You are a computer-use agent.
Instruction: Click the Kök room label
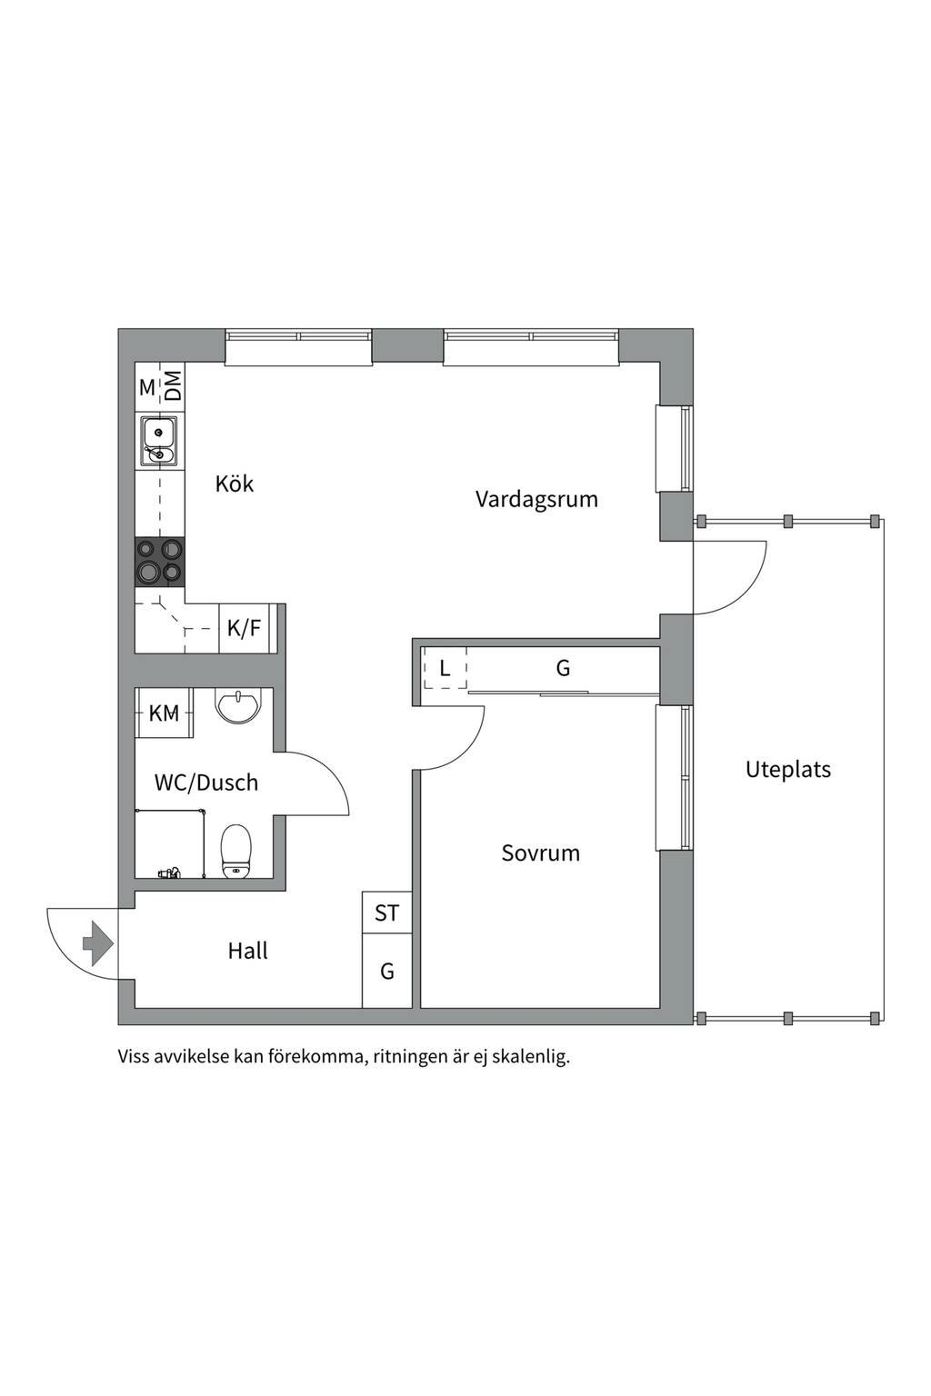coord(235,484)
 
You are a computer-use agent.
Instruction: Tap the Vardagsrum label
coord(536,499)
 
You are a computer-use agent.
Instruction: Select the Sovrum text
coord(541,853)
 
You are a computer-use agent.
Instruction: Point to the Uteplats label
coord(788,770)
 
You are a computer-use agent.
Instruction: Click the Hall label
coord(247,951)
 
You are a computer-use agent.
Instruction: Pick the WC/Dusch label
coord(205,783)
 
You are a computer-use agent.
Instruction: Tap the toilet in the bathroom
coord(235,852)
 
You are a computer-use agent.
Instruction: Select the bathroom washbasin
coord(239,706)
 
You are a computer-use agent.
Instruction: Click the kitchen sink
coord(160,441)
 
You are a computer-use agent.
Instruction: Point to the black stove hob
coord(160,563)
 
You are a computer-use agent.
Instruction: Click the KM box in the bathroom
coord(164,713)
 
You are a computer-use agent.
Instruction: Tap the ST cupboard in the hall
coord(386,913)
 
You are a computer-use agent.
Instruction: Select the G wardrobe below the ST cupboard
coord(386,971)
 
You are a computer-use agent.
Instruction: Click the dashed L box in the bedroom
coord(445,669)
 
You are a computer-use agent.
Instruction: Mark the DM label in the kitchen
coord(173,385)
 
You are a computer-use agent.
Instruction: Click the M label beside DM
coord(147,388)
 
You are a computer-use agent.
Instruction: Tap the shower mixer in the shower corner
coord(169,872)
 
